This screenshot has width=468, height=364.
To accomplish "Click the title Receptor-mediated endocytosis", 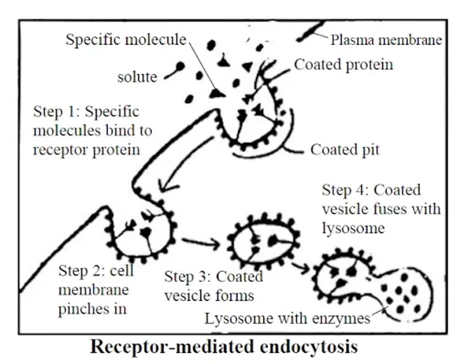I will pos(223,347).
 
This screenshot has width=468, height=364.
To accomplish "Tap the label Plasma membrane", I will pos(386,40).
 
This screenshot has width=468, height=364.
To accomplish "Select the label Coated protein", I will pos(343,64).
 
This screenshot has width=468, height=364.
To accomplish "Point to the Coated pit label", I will pos(345,150).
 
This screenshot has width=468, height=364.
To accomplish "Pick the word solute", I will pos(137,77).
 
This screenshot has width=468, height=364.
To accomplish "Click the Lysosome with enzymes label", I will pos(287,318).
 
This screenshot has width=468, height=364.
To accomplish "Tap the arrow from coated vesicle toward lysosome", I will pos(301,268).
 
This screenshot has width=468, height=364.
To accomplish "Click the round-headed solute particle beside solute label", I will pos(180,67).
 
